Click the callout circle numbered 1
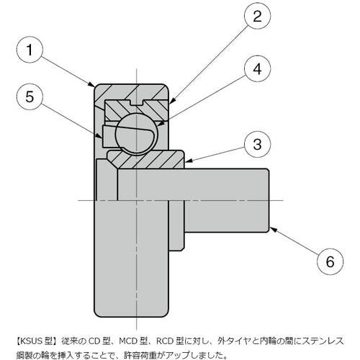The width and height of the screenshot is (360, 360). (30, 50)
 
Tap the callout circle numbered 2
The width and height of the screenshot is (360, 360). (257, 16)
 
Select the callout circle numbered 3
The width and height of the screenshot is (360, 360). (257, 144)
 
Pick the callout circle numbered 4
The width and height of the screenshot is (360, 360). (257, 69)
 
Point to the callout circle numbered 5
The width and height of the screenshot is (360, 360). (30, 96)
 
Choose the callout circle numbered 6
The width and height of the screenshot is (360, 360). (330, 261)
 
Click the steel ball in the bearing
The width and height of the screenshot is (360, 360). (136, 134)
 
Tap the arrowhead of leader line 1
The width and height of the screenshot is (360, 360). (91, 84)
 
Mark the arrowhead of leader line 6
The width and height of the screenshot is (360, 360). (274, 230)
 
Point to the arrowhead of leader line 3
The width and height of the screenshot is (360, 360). (188, 161)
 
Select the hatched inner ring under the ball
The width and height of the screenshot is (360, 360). (146, 159)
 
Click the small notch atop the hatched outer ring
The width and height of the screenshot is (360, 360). (136, 102)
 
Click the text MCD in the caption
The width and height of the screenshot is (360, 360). (129, 341)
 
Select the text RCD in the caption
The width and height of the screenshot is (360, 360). (166, 341)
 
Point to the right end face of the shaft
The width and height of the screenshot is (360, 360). (269, 200)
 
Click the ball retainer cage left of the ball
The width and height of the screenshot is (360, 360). (109, 136)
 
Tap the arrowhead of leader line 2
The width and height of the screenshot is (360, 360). (173, 101)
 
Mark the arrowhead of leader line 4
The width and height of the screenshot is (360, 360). (162, 123)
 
